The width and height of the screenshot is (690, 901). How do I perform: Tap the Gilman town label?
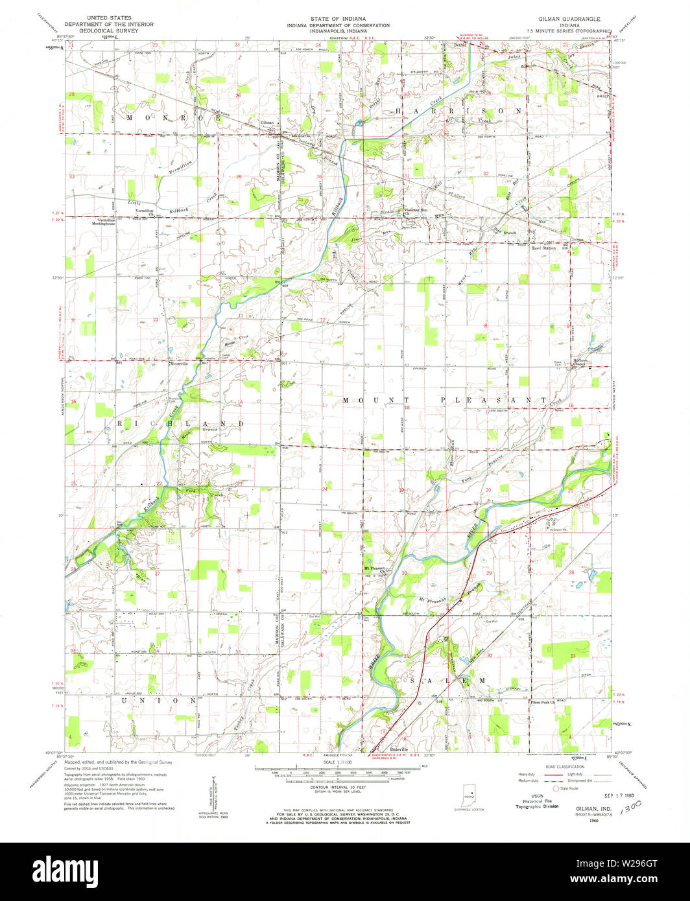tap(267, 123)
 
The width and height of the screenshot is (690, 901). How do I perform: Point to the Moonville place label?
tap(178, 365)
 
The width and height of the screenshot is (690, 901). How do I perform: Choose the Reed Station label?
tap(544, 248)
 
